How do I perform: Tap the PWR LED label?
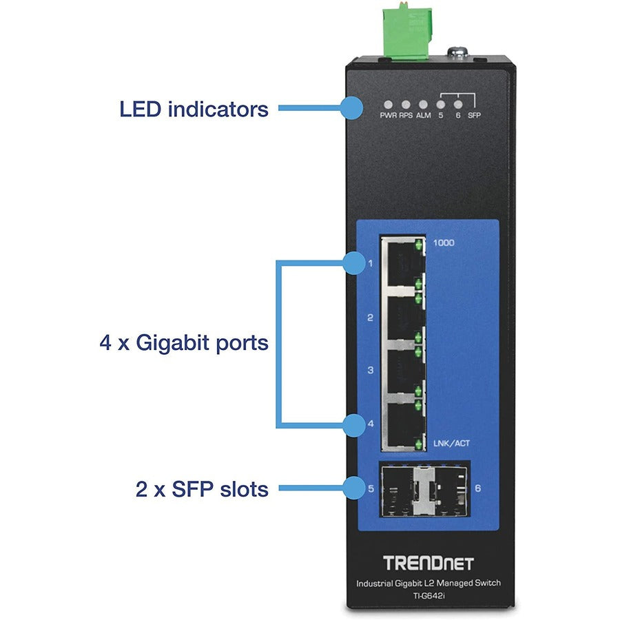click(389, 116)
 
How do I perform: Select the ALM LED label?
click(423, 116)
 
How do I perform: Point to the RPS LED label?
click(406, 116)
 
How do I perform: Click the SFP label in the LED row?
click(473, 116)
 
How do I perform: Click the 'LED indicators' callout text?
click(194, 108)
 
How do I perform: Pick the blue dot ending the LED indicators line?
click(352, 107)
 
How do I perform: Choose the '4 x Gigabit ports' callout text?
click(183, 342)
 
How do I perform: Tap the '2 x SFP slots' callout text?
click(202, 489)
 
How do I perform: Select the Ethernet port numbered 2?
click(402, 316)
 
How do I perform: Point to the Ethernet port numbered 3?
click(402, 369)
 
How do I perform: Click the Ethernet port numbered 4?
click(402, 422)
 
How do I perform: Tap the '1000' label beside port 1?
click(444, 242)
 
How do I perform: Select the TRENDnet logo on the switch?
click(428, 564)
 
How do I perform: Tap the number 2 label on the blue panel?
click(370, 318)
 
